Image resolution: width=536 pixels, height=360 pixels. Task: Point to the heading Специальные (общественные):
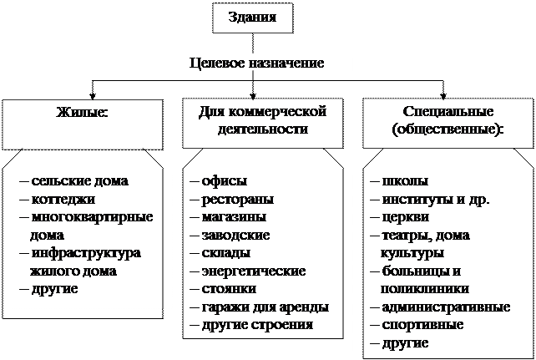(x=443, y=120)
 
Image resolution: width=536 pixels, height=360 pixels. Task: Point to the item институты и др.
(x=434, y=199)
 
